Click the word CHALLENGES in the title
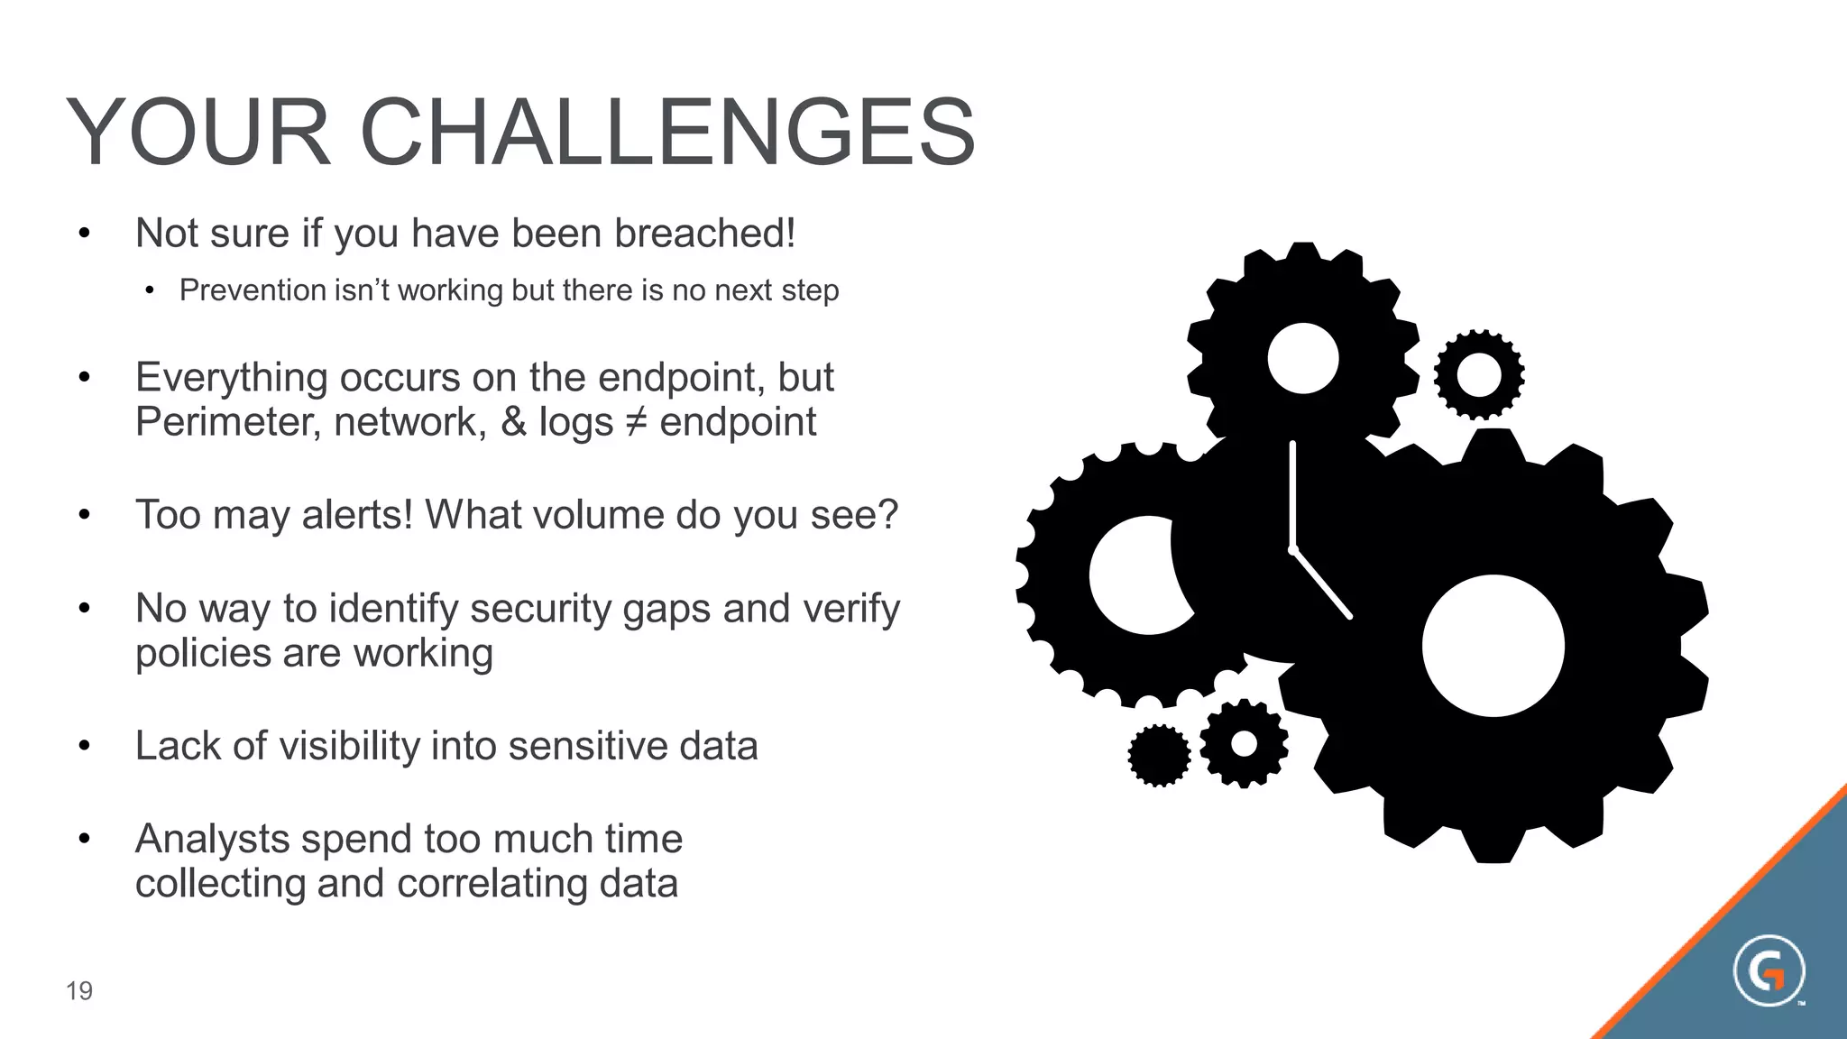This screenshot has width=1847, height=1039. tap(667, 133)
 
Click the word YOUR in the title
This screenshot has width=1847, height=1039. tap(199, 133)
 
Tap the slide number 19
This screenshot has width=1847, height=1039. tap(79, 991)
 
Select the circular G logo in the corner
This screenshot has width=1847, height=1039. tap(1769, 971)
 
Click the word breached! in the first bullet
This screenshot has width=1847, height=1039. tap(705, 234)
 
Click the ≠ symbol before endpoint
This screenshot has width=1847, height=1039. tap(636, 422)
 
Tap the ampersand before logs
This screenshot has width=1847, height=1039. tap(513, 422)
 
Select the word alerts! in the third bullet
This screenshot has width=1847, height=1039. tap(357, 515)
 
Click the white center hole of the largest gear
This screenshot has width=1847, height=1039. tap(1493, 646)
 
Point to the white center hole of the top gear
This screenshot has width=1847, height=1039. tap(1302, 358)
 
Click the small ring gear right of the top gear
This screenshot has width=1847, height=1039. tap(1479, 374)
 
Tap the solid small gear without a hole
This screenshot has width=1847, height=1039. tap(1159, 756)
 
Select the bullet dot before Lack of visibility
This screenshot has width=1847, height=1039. tap(84, 746)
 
